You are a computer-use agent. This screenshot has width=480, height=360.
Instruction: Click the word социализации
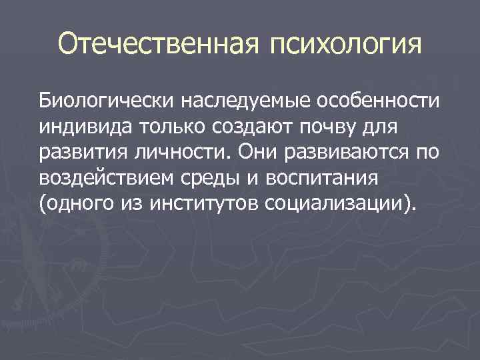pos(340,203)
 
